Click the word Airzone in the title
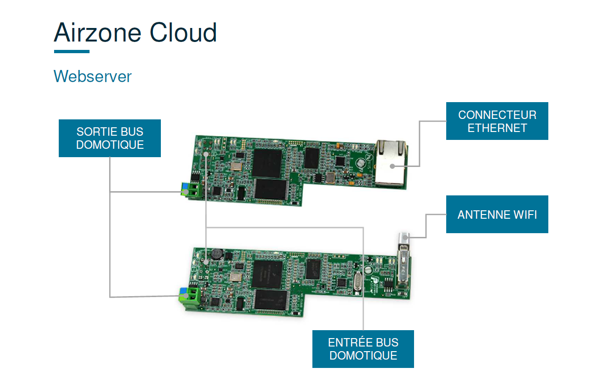click(97, 33)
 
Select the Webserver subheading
click(92, 76)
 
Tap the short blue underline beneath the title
click(71, 51)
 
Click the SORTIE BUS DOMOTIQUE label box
click(110, 138)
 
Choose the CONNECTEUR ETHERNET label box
click(497, 121)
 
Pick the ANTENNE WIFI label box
click(497, 215)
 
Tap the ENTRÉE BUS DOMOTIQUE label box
click(363, 349)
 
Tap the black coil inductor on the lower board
click(216, 255)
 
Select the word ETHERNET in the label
click(497, 128)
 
